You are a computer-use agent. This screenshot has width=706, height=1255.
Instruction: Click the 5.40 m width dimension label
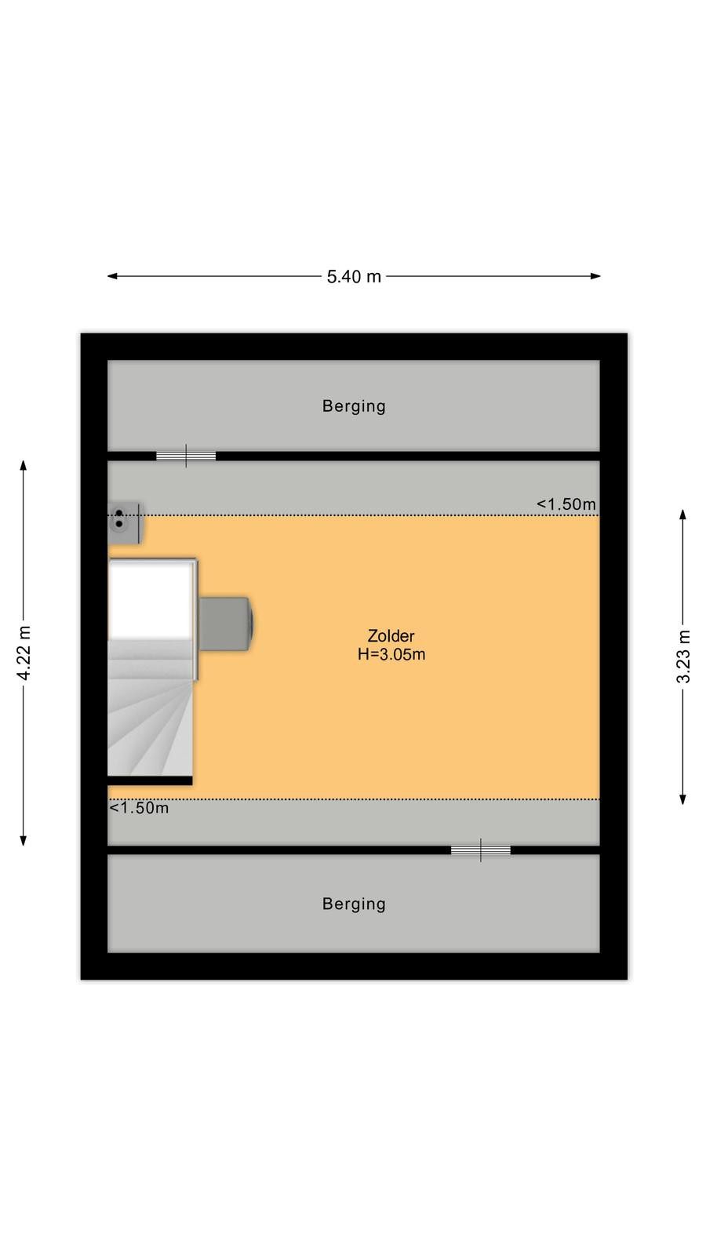coord(354,277)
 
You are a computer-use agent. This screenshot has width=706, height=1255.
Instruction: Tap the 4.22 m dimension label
coord(24,653)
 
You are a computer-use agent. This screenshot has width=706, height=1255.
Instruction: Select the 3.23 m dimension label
coord(683,657)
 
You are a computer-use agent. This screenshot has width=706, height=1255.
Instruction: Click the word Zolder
coord(391,636)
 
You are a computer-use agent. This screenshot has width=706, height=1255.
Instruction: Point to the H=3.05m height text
coord(391,654)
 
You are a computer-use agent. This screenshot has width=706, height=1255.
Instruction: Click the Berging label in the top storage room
coord(354,406)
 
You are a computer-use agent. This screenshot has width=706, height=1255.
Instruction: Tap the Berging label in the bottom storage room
coord(354,904)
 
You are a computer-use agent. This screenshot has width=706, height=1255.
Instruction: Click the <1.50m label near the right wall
coord(566,504)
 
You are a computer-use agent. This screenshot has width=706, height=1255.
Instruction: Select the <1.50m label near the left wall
coord(139,808)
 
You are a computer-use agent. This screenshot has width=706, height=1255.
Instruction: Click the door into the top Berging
coord(185,456)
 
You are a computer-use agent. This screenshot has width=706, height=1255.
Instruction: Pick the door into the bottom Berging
coord(481,850)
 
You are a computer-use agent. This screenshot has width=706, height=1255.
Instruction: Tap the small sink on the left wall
coord(124,522)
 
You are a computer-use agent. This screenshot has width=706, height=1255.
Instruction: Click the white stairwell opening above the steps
coord(150,600)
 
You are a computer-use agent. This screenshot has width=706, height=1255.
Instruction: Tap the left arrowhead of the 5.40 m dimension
coord(112,276)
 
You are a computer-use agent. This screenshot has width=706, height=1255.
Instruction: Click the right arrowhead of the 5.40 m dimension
coord(595,276)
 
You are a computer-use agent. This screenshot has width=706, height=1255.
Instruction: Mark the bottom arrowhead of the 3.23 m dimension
coord(683,799)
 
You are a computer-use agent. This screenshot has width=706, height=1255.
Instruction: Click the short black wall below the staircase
coord(150,780)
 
